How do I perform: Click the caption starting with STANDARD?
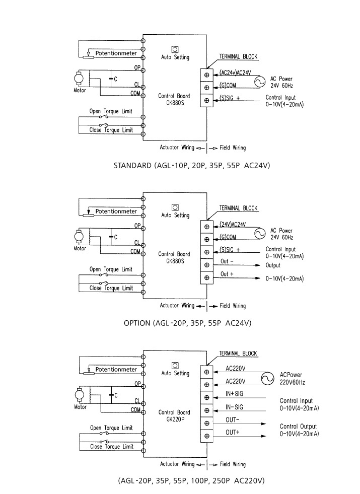188,165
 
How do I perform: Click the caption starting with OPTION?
187,323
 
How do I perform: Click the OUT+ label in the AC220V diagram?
232,433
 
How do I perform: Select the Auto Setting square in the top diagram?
175,49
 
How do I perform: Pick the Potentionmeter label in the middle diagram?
116,211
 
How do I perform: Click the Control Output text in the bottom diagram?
299,427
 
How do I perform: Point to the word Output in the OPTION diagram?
273,265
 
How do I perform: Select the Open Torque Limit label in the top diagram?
111,111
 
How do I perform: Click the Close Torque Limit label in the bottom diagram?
111,447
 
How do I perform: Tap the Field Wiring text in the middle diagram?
233,306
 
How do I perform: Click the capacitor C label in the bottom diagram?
115,395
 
